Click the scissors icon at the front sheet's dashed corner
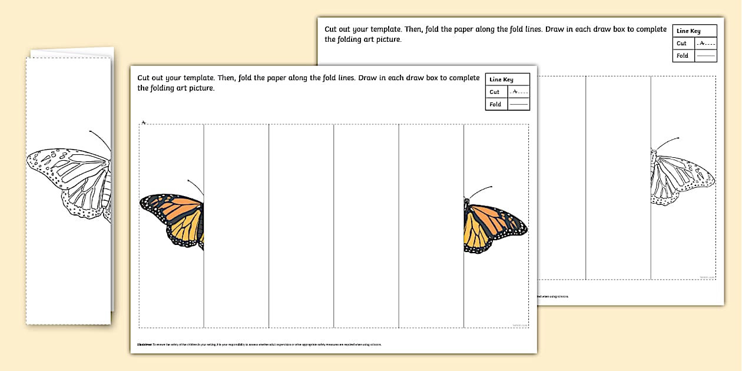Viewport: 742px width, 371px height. click(143, 122)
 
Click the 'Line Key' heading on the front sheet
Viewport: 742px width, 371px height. click(501, 79)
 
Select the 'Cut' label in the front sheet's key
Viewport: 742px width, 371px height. click(495, 92)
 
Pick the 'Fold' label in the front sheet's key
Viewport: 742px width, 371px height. click(495, 104)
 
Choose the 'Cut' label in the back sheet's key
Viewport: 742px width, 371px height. click(682, 44)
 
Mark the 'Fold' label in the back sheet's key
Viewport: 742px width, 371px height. click(683, 56)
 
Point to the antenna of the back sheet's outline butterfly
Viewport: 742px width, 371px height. click(667, 143)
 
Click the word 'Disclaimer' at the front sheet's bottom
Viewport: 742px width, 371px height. click(145, 344)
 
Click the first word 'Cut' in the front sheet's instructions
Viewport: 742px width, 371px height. click(144, 78)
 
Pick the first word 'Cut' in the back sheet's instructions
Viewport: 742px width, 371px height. click(332, 29)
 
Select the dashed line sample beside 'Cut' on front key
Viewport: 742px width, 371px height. click(518, 92)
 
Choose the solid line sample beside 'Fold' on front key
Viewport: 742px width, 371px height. click(518, 104)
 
